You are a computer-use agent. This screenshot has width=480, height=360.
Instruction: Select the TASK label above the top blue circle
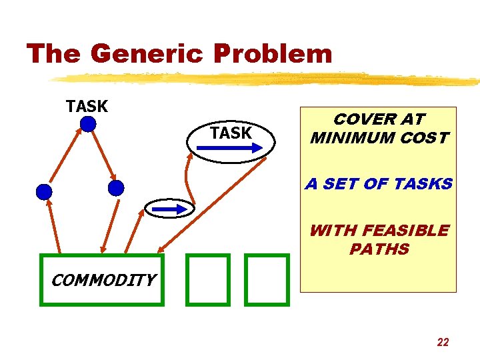click(87, 106)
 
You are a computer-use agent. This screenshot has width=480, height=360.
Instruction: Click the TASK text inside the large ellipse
click(231, 133)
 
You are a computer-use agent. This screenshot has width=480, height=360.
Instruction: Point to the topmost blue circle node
click(88, 124)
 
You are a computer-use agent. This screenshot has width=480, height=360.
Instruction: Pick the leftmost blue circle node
click(44, 192)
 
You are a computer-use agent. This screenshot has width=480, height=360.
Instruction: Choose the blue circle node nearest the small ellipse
click(116, 188)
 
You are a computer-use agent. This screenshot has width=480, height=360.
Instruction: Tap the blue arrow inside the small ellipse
click(170, 209)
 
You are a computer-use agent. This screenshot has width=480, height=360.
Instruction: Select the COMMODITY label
click(103, 280)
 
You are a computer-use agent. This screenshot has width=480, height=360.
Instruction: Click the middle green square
click(207, 279)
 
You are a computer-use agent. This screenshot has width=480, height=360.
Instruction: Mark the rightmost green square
click(267, 279)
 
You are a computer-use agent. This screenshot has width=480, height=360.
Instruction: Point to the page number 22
click(443, 342)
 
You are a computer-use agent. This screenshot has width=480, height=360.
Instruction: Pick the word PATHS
click(379, 249)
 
